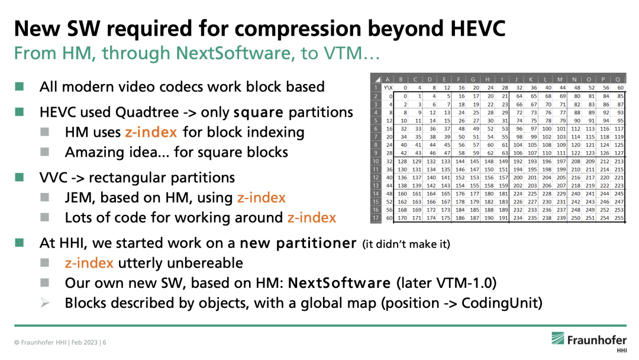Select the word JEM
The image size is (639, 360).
click(x=79, y=197)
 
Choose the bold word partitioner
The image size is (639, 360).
click(x=316, y=243)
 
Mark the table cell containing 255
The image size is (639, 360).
click(x=619, y=218)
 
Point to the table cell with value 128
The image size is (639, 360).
click(x=402, y=162)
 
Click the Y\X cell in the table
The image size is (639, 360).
click(x=388, y=88)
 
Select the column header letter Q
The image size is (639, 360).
click(x=618, y=79)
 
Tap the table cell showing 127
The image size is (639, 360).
click(x=619, y=153)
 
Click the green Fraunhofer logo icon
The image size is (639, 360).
click(x=557, y=339)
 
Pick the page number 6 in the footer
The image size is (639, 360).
click(x=104, y=342)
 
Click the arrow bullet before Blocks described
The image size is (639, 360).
click(x=45, y=303)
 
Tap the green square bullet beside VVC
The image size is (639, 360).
click(x=19, y=178)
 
